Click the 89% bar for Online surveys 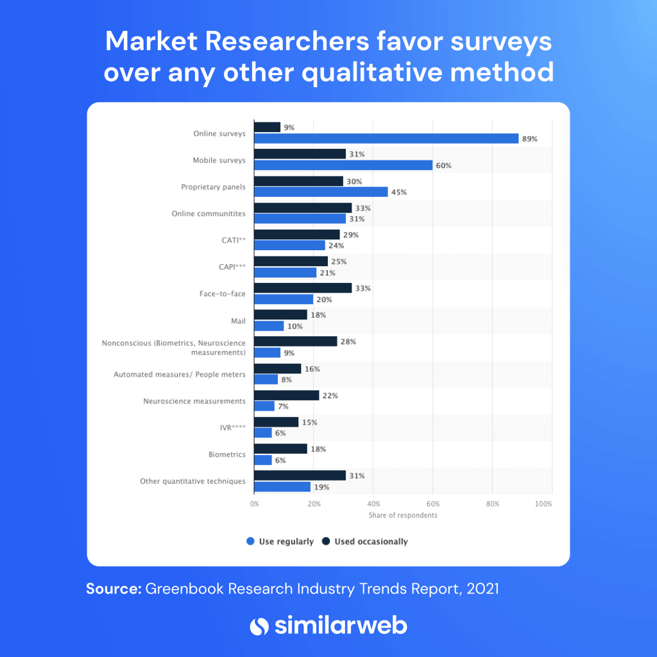[x=386, y=139]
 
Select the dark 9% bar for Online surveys [x=268, y=127]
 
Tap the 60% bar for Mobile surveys [x=343, y=166]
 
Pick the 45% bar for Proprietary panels [x=321, y=192]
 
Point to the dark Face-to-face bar [x=303, y=288]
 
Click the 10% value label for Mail [x=296, y=327]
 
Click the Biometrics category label [x=227, y=454]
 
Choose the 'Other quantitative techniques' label [x=192, y=481]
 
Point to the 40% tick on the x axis [x=373, y=504]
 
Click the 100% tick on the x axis [x=543, y=504]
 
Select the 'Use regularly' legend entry [x=280, y=542]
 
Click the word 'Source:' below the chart [x=114, y=589]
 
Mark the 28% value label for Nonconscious [x=348, y=342]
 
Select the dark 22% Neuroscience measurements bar [x=286, y=395]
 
